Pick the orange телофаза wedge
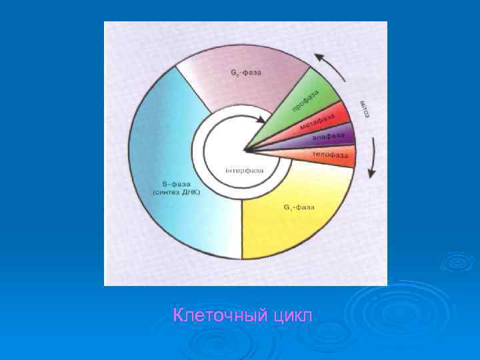tap(327, 155)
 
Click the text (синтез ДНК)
tap(177, 192)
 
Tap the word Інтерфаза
tap(245, 171)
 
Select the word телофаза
tap(331, 155)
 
